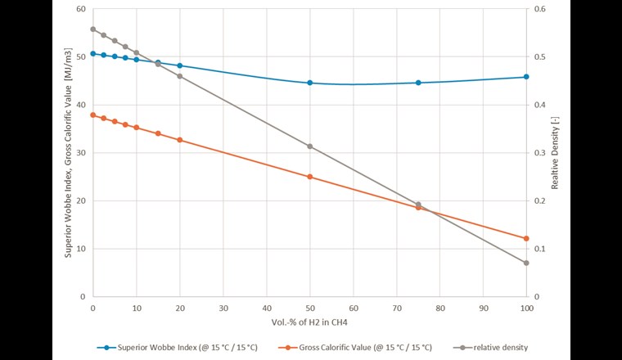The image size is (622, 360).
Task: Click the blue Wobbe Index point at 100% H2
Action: pos(526,77)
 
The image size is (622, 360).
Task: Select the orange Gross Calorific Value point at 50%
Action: pos(309,177)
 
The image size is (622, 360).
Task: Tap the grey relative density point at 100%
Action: pos(526,263)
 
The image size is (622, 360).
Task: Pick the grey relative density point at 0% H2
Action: pos(92,29)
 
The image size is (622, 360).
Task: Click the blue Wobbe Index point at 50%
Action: pos(309,83)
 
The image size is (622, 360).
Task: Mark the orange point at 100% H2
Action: pos(526,238)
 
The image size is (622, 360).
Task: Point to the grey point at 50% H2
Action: pos(309,146)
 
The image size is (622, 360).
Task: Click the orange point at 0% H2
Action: pos(92,115)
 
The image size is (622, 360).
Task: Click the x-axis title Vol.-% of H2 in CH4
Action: pos(309,324)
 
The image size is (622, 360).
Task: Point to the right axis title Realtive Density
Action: pos(555,152)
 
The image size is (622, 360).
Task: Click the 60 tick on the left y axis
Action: pos(80,9)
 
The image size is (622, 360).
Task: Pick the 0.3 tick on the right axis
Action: pos(541,153)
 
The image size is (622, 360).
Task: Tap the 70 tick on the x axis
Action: pos(396,308)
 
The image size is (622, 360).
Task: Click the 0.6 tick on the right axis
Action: pos(541,9)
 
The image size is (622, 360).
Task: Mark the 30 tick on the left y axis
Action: pos(80,153)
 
